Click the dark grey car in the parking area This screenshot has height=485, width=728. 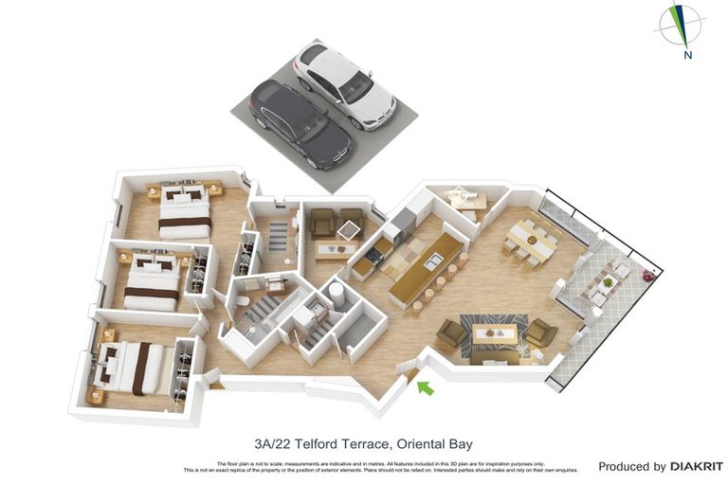coord(299,123)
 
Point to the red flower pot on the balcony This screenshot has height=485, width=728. coord(648,276)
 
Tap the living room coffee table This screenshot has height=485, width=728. coord(495,332)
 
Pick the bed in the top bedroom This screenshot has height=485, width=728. coord(184,212)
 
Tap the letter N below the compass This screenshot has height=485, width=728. coord(687,55)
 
